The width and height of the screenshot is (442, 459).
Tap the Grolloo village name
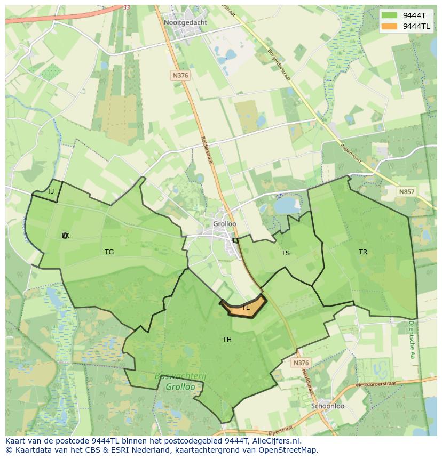point(225,224)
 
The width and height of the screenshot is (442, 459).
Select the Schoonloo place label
point(327,406)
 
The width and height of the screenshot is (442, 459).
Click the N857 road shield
point(407,192)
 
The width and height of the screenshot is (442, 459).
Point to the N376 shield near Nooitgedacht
point(180,76)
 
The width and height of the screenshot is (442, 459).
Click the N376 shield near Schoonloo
point(301,363)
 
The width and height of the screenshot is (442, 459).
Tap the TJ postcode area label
point(51,191)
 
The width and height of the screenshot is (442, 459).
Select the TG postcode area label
point(109,252)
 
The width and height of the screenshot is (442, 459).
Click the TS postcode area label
point(286,253)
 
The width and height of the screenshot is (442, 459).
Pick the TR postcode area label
point(363,252)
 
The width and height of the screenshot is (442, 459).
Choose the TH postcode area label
point(227,339)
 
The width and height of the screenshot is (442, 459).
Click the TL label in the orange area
point(246,308)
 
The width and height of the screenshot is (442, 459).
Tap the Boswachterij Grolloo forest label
point(180,381)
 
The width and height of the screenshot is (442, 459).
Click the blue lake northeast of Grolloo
point(287,204)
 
